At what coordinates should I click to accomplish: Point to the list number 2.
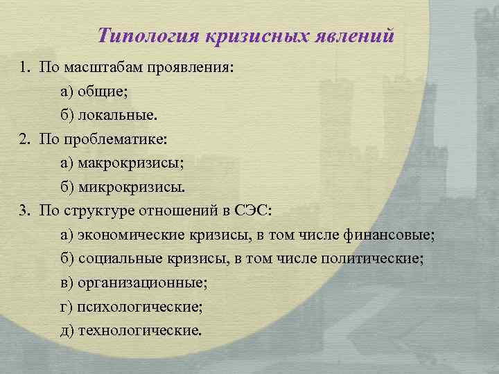point(24,140)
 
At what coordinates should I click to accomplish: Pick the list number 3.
point(24,211)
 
